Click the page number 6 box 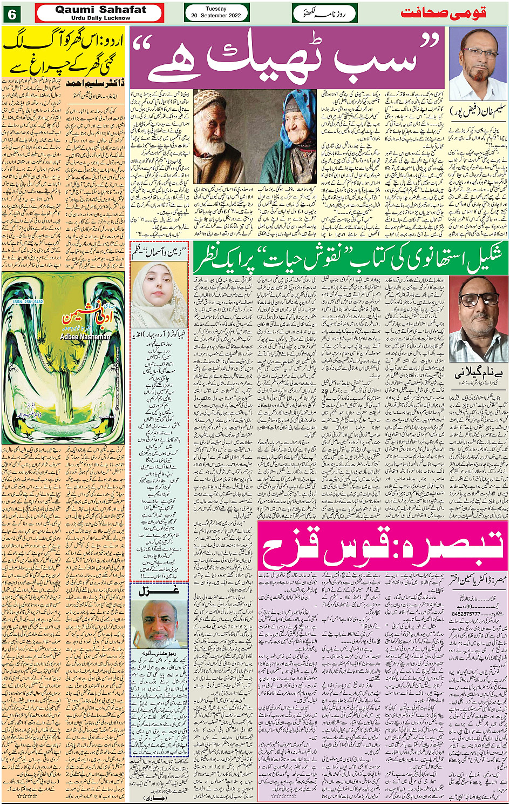[x=11, y=13]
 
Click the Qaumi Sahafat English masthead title [x=100, y=10]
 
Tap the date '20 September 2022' [x=216, y=16]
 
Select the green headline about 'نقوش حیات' [x=351, y=257]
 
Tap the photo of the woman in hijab [x=159, y=294]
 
